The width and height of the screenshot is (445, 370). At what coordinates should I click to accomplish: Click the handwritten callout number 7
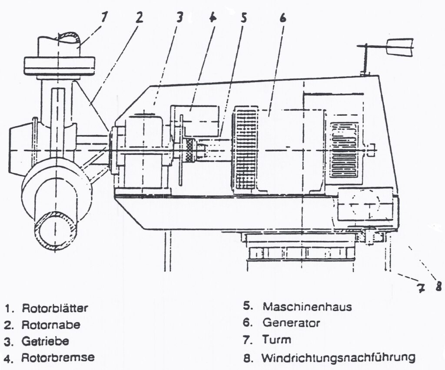pos(421,288)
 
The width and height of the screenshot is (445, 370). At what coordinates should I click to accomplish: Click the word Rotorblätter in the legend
pos(55,309)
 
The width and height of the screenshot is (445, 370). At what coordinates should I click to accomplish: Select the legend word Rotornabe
pos(51,324)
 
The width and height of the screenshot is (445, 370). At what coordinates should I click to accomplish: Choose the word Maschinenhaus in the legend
pos(307,307)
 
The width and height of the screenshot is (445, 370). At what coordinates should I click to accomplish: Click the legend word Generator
pos(291,323)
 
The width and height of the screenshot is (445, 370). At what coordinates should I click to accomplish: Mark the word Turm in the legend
pos(276,340)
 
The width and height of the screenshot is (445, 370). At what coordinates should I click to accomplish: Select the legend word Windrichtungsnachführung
pos(338,358)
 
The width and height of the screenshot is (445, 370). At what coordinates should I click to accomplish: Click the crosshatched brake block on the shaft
pos(189,150)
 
